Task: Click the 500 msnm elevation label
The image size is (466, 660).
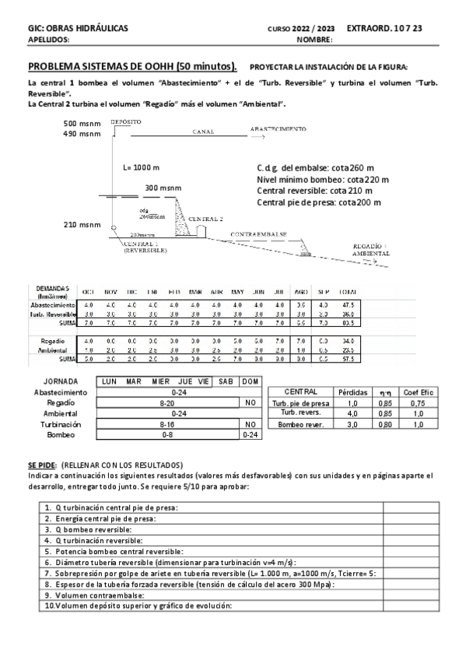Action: (82, 123)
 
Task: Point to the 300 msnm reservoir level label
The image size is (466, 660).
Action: (162, 188)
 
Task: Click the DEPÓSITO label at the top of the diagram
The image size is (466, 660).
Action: (126, 122)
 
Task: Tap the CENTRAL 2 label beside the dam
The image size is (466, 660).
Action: (205, 219)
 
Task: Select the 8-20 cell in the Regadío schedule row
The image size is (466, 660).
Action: (166, 403)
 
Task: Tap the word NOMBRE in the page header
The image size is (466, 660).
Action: (314, 39)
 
